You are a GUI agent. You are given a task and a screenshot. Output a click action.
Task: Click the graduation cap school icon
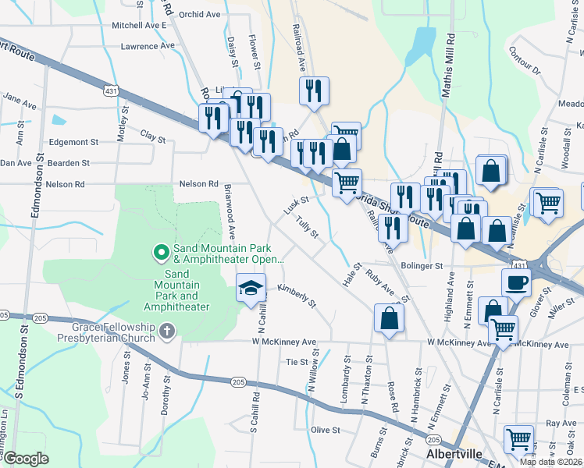click(251, 288)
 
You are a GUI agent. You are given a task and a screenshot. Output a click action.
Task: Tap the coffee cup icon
click(516, 282)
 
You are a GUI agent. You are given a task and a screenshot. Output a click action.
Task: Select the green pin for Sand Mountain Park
click(161, 252)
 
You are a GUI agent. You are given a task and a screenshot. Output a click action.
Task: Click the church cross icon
click(166, 332)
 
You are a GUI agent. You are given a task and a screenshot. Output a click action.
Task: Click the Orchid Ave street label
click(199, 14)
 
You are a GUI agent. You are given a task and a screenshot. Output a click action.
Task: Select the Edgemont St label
click(73, 143)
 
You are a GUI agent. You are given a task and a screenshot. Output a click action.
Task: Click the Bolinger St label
click(422, 266)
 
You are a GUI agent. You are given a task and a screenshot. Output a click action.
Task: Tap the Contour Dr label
click(524, 61)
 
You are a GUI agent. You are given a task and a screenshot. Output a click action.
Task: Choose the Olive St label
click(326, 430)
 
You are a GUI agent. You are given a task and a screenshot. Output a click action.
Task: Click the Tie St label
click(297, 362)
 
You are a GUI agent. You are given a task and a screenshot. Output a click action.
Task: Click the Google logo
click(25, 459)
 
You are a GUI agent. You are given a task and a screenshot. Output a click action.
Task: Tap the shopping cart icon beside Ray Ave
click(518, 440)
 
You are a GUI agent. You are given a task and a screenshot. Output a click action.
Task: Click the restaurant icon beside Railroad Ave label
click(313, 90)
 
